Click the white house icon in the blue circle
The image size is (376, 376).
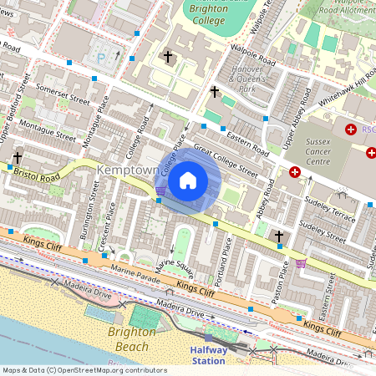point(188,180)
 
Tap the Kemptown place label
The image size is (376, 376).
point(128,170)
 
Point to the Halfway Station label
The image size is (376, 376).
point(208,356)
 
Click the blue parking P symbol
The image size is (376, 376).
point(101,58)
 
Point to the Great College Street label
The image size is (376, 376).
point(226,158)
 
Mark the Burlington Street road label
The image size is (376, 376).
point(87,219)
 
